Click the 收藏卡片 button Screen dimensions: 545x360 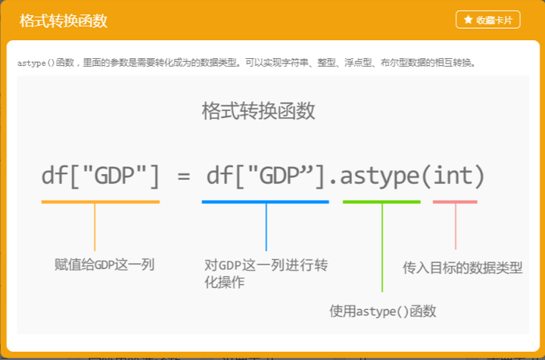[x=487, y=20]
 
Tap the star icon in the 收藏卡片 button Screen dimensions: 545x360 [x=469, y=20]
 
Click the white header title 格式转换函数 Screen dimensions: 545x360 [x=64, y=21]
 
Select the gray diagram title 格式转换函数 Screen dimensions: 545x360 [x=258, y=111]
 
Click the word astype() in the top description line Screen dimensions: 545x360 [x=36, y=63]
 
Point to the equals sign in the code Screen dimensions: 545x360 [x=183, y=176]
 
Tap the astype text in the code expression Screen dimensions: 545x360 [x=380, y=176]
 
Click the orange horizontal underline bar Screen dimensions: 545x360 [x=101, y=202]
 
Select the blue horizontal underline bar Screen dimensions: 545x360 [x=265, y=202]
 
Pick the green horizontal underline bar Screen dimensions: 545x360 [x=381, y=202]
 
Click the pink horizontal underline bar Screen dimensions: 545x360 [x=455, y=202]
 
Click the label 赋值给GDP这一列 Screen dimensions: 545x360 [x=104, y=265]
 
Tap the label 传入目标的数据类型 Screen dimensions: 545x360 [x=462, y=268]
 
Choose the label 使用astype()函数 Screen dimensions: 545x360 [x=383, y=311]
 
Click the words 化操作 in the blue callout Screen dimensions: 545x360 [x=225, y=282]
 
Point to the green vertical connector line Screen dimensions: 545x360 [x=382, y=247]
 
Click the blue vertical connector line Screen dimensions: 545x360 [x=266, y=227]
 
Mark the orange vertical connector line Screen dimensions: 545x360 [x=95, y=227]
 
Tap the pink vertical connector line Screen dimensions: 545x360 [x=456, y=226]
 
